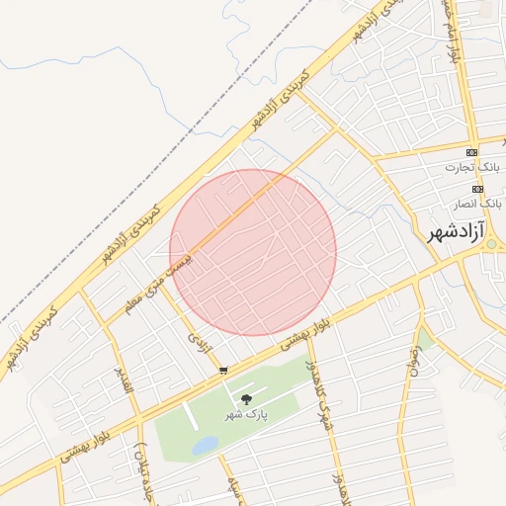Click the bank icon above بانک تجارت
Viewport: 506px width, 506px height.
(471, 152)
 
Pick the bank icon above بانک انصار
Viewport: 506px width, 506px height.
(478, 189)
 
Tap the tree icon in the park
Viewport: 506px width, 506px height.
(246, 399)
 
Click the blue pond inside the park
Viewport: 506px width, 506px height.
(205, 446)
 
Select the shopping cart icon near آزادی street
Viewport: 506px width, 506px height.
(223, 371)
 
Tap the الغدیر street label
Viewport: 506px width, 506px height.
(126, 376)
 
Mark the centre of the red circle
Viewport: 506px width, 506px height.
(253, 252)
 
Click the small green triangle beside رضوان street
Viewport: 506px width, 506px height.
(425, 339)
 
